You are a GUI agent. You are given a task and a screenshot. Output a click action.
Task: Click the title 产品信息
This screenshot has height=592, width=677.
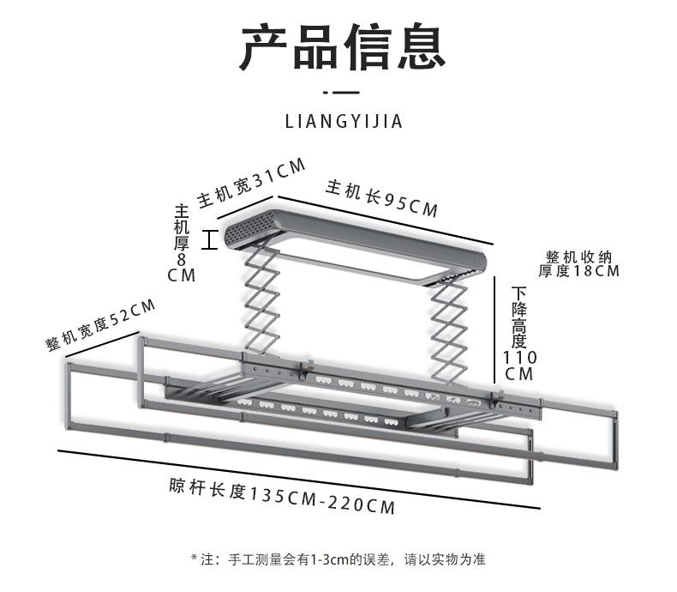pyautogui.click(x=343, y=46)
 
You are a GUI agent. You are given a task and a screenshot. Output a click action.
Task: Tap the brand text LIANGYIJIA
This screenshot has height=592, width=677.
pyautogui.click(x=344, y=122)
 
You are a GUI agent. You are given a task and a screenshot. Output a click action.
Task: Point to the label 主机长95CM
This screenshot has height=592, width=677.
pyautogui.click(x=381, y=198)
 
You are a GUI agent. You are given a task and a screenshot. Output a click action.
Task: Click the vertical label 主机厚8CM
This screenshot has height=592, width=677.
pyautogui.click(x=182, y=244)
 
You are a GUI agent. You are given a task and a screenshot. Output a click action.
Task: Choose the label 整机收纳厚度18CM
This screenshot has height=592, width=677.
pyautogui.click(x=578, y=263)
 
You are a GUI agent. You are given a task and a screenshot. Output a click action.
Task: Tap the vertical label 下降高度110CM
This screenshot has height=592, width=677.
pyautogui.click(x=519, y=334)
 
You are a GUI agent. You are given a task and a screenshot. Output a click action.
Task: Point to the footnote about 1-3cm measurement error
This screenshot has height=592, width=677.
pyautogui.click(x=338, y=559)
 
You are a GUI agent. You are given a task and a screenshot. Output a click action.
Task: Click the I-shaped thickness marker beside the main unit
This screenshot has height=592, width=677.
pyautogui.click(x=210, y=240)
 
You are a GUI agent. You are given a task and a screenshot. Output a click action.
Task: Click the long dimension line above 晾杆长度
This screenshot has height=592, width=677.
pyautogui.click(x=299, y=480)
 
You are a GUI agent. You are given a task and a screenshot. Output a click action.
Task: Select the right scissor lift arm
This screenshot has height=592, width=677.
pyautogui.click(x=449, y=330)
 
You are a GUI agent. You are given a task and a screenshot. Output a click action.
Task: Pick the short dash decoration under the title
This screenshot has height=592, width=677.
pyautogui.click(x=341, y=92)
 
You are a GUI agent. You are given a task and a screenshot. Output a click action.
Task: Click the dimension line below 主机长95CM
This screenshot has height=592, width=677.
pyautogui.click(x=385, y=220)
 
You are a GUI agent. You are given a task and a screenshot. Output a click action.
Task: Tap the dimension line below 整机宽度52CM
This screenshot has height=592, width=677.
pyautogui.click(x=102, y=344)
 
